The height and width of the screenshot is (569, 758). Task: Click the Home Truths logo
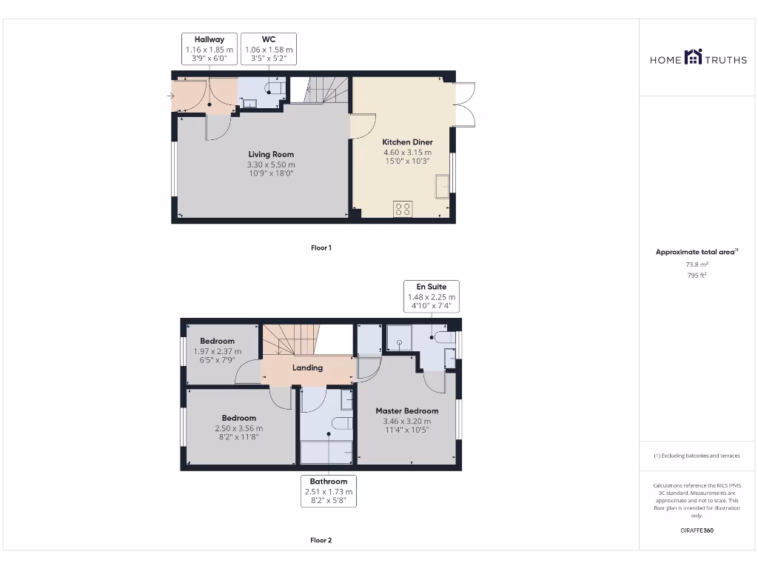pos(698,58)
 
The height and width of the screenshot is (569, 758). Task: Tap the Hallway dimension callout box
pos(209,50)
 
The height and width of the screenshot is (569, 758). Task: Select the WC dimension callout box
pos(269,50)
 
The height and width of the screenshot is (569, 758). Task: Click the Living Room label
pos(271,154)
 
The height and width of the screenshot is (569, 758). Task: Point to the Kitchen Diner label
pos(407,142)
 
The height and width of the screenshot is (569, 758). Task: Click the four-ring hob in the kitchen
pos(403,209)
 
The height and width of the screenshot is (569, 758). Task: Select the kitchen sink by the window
pos(442,185)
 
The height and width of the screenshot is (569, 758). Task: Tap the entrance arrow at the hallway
pos(172,96)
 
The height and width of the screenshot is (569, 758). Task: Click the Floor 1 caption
pos(321,247)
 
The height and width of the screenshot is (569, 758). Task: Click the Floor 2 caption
pos(321,540)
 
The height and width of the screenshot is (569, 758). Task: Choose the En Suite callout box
pos(432,296)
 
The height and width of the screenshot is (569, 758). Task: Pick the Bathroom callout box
pos(329,491)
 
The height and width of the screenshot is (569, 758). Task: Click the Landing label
pos(307,367)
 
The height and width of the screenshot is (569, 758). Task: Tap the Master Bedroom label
pos(406,410)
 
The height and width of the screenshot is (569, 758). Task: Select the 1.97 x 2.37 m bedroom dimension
pos(217,351)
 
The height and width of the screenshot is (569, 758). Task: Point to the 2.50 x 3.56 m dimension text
pos(238,428)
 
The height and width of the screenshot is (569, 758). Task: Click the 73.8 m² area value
pos(697,264)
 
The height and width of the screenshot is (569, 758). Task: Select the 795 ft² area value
pos(697,275)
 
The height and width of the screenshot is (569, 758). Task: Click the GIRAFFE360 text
pos(697,530)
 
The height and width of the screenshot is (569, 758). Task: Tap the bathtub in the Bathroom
pos(327,452)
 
